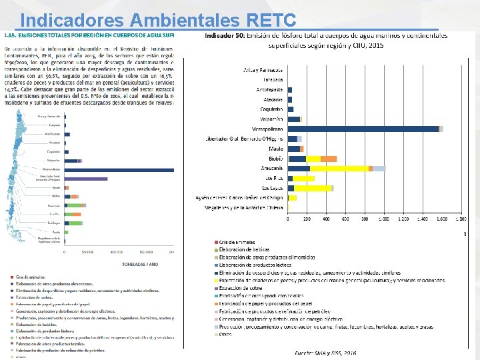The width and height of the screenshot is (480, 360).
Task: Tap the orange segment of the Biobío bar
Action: coord(328,159)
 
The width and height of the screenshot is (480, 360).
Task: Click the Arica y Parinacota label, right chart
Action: coord(263,69)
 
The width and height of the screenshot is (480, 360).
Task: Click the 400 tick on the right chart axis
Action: coord(326,218)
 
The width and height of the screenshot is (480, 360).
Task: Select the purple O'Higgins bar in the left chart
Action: coord(86,179)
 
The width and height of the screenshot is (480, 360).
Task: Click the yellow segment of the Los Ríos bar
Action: coord(303,179)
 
